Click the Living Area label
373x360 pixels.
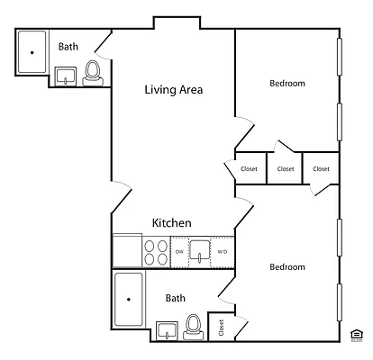pyautogui.click(x=174, y=90)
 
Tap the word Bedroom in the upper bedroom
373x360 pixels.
pyautogui.click(x=287, y=84)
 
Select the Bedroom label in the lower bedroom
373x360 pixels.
pyautogui.click(x=287, y=267)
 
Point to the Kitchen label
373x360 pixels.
pyautogui.click(x=171, y=223)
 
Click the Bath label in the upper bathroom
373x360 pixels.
pyautogui.click(x=68, y=47)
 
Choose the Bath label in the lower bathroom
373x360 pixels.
pyautogui.click(x=176, y=298)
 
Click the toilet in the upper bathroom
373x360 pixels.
pyautogui.click(x=92, y=73)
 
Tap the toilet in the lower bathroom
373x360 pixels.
pyautogui.click(x=192, y=326)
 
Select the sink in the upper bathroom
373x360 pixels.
pyautogui.click(x=66, y=76)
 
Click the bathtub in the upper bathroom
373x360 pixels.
pyautogui.click(x=32, y=52)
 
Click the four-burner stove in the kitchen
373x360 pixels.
pyautogui.click(x=155, y=251)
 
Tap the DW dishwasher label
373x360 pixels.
pyautogui.click(x=179, y=251)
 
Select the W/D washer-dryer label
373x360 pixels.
pyautogui.click(x=223, y=251)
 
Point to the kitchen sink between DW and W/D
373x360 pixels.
pyautogui.click(x=200, y=251)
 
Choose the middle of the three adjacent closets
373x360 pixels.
pyautogui.click(x=285, y=169)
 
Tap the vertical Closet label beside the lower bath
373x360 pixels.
pyautogui.click(x=221, y=328)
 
